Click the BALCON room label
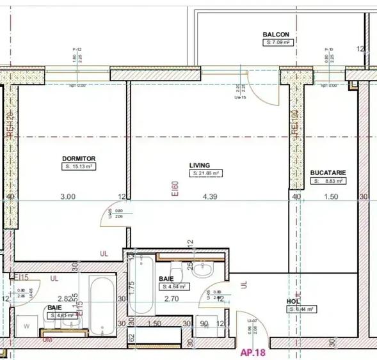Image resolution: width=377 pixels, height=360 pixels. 276,35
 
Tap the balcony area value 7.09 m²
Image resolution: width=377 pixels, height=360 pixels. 278,43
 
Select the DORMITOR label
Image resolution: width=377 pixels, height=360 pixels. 79,159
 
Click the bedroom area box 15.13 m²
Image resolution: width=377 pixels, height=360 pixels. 79,167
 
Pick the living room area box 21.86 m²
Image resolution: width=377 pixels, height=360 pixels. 206,173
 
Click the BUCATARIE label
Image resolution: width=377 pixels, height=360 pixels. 328,173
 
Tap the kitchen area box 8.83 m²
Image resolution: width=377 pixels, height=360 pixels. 330,181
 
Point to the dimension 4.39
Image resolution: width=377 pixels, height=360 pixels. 210,197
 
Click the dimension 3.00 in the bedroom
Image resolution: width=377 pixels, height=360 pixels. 68,197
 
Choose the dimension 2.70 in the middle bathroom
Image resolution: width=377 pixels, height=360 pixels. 171,298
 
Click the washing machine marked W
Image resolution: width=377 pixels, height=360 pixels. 26,325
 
